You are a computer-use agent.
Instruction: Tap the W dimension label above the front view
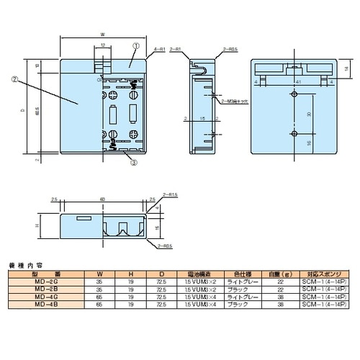tap(103, 33)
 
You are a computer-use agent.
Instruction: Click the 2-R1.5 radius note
tap(171, 196)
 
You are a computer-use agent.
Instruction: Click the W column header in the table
tap(100, 274)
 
